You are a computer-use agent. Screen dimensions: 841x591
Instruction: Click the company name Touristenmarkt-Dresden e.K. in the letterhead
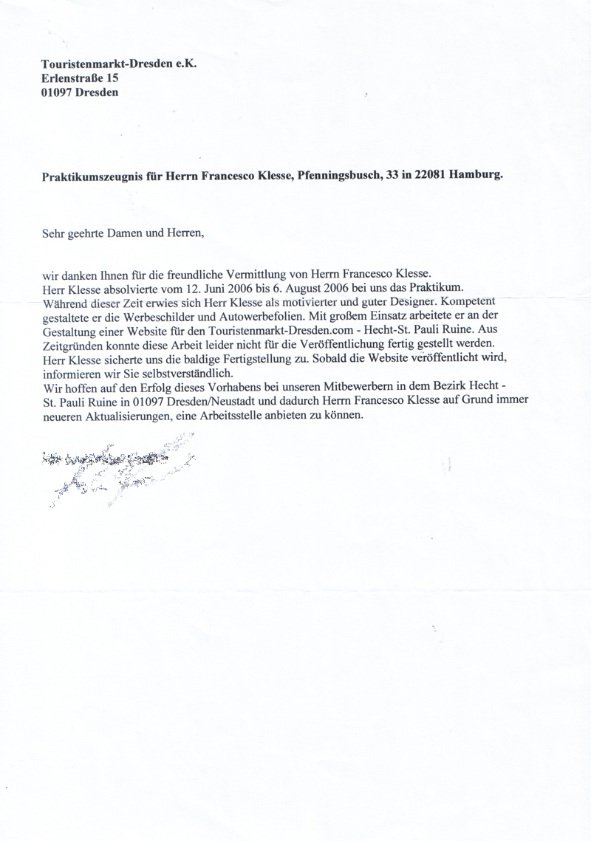click(119, 64)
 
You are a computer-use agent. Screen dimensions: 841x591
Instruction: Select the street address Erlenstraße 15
click(79, 78)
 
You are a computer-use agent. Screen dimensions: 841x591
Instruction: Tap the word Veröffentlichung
click(358, 346)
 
